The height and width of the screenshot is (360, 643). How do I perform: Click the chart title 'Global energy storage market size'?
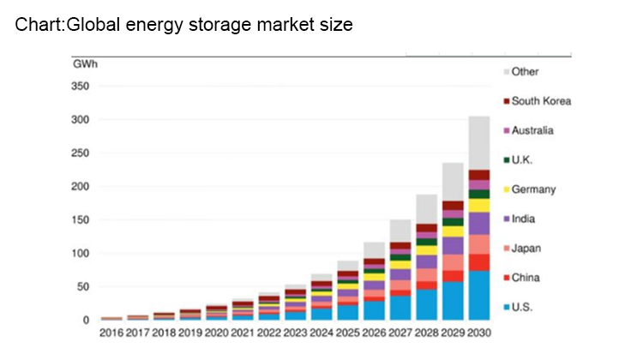(x=183, y=25)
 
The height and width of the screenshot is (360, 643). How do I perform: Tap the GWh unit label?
(x=84, y=64)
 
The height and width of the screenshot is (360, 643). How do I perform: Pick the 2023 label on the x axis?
(x=294, y=333)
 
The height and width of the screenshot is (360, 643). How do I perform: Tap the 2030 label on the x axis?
(x=478, y=333)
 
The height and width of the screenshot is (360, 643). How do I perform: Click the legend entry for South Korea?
(x=540, y=101)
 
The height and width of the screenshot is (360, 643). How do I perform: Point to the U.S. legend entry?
(x=524, y=307)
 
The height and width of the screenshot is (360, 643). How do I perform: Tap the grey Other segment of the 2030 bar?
(x=478, y=142)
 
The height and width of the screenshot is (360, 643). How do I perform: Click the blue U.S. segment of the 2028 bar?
(x=426, y=304)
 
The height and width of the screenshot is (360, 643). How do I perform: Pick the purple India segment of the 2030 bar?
(x=478, y=223)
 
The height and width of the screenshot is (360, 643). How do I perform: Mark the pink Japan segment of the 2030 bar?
(x=478, y=244)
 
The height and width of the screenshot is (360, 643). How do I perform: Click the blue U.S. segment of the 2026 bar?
(x=373, y=310)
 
